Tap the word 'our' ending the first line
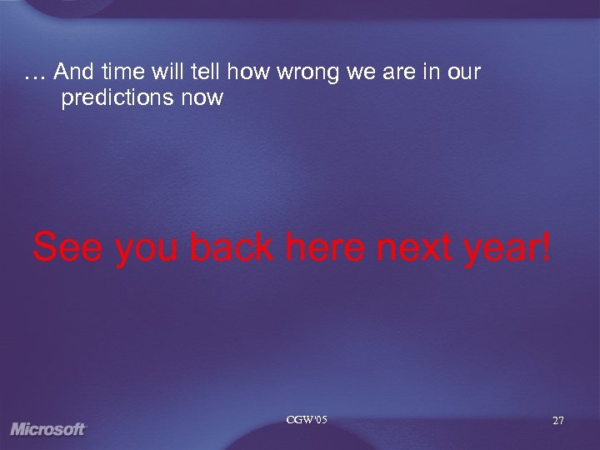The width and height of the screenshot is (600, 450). pyautogui.click(x=463, y=73)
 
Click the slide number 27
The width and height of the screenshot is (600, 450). pyautogui.click(x=557, y=422)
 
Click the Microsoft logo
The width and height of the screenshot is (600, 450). pyautogui.click(x=48, y=429)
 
